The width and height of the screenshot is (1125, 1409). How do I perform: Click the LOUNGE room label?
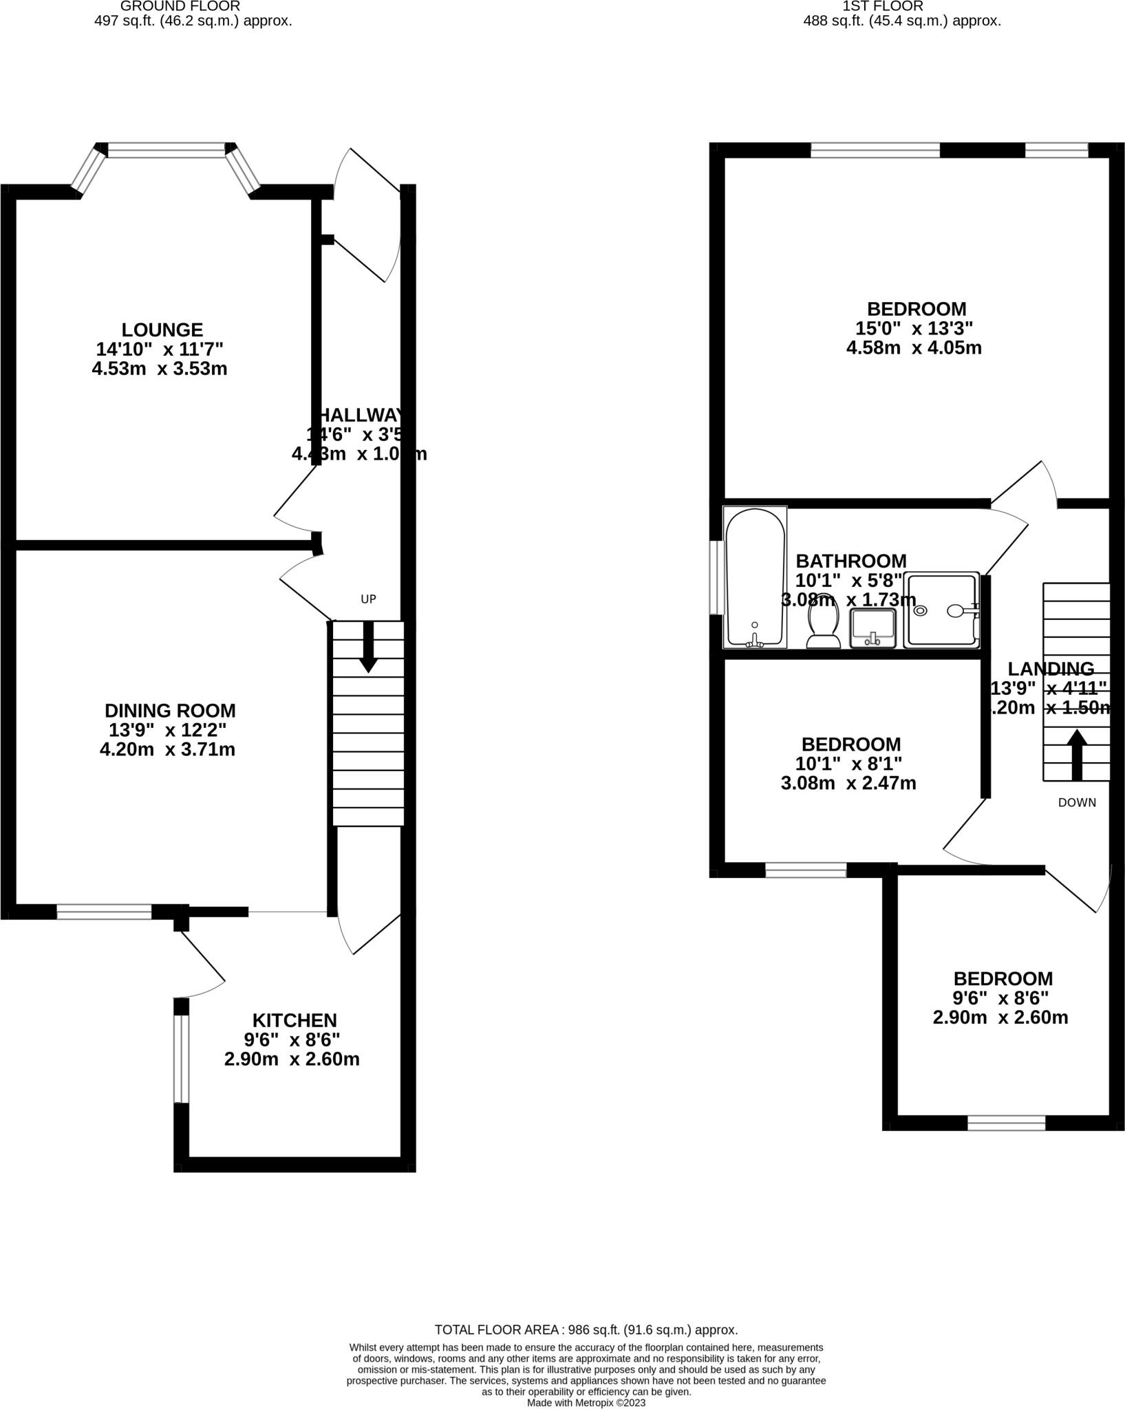162,330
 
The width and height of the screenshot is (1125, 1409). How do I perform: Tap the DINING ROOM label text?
170,711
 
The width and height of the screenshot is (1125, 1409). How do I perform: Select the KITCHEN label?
294,1020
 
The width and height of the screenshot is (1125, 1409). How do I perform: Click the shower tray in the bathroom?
941,610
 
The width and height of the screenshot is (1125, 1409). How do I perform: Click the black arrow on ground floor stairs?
368,647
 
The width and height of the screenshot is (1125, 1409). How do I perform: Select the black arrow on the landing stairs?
1077,755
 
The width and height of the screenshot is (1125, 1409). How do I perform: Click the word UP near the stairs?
368,599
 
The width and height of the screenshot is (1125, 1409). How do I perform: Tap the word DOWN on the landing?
1077,802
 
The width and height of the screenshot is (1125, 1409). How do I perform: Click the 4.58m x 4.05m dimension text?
914,348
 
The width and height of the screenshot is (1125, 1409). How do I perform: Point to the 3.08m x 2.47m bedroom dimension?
848,783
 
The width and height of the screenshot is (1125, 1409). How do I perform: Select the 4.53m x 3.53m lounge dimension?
160,369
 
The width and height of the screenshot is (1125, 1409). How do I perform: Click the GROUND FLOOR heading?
180,6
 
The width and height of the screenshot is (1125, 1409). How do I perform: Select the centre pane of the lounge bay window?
167,150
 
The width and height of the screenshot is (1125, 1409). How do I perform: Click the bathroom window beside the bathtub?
718,577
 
